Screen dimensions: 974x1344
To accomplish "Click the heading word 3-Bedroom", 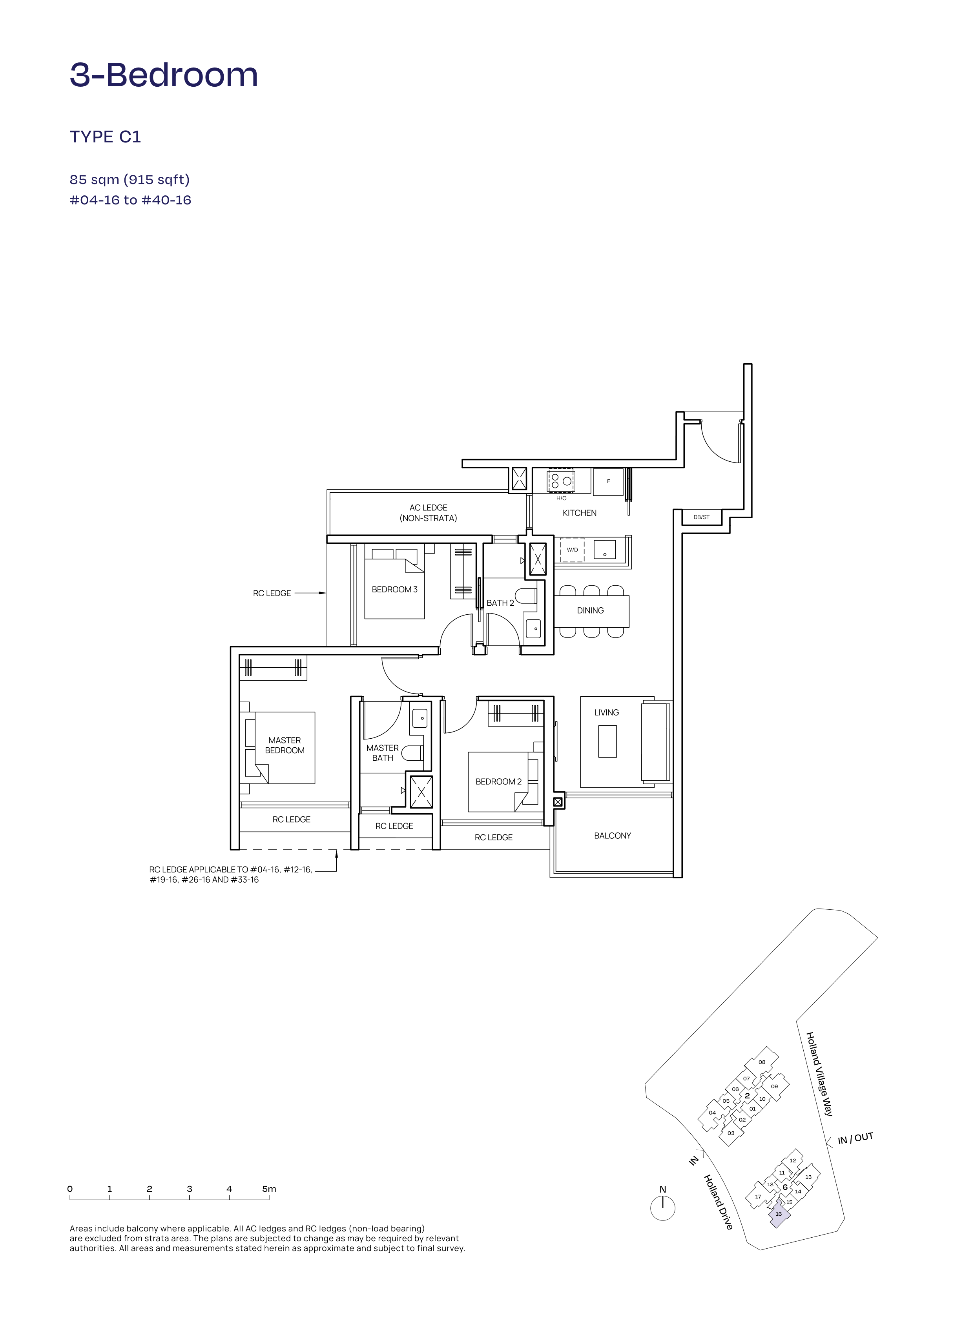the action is tap(164, 76).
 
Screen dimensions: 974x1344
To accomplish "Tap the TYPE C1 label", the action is tap(106, 137).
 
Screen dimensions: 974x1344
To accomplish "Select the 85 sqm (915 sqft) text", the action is tap(130, 180).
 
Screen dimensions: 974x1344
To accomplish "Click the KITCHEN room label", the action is tap(579, 513).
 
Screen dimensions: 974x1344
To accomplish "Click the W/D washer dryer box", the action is tap(572, 550).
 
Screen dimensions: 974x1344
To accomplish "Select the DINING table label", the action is tap(591, 610).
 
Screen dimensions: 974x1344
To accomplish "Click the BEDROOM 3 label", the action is tap(395, 590).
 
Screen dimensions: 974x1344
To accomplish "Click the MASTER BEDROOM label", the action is tap(285, 745).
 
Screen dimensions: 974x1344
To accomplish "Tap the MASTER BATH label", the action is tap(382, 753).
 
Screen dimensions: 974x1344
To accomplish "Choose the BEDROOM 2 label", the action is tap(498, 781).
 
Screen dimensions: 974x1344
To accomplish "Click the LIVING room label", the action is tap(606, 712).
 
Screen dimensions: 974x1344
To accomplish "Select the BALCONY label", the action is tap(613, 836).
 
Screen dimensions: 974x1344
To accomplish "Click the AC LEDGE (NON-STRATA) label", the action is tap(428, 513).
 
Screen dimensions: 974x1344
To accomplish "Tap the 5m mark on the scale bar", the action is tap(269, 1189).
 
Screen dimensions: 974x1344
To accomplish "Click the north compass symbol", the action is tap(663, 1208).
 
